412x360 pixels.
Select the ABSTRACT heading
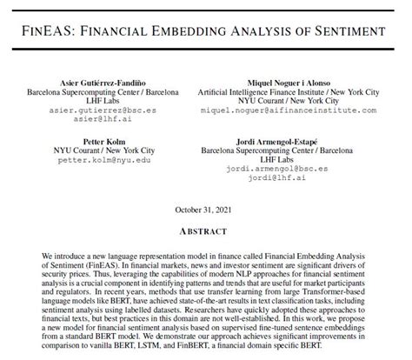tap(206, 233)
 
